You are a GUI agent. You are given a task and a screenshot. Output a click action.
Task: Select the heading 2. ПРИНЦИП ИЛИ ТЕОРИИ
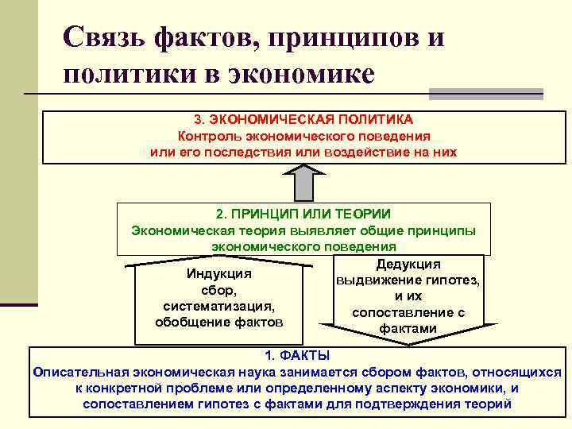pos(303,214)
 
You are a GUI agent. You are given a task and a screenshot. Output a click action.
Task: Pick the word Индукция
pos(218,274)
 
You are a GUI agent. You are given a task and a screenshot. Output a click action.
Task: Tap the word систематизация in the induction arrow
pos(218,307)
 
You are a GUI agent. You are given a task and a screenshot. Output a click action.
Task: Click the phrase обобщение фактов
pos(218,323)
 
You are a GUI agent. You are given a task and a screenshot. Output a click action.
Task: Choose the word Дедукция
pos(408,265)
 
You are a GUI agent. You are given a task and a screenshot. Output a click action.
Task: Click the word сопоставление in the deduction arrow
pos(404,312)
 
